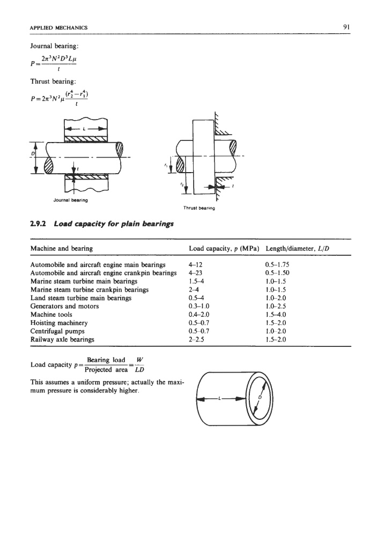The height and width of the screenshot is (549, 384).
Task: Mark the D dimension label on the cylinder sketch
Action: pos(260,397)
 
